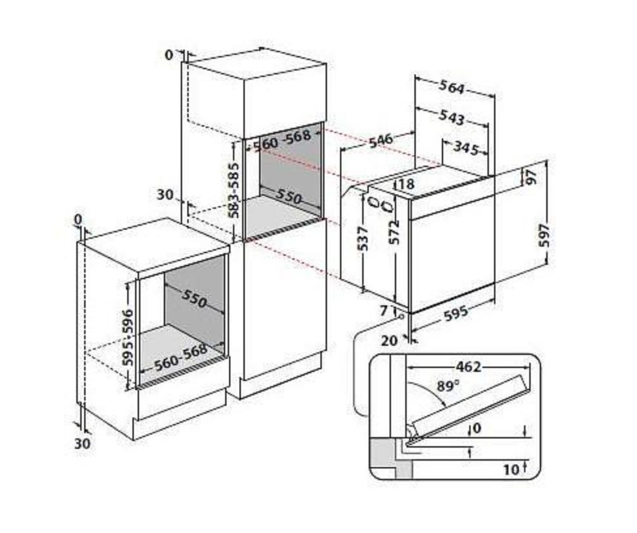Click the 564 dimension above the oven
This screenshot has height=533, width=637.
click(452, 87)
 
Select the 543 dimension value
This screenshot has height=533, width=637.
click(452, 117)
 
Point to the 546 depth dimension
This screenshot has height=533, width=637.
click(381, 140)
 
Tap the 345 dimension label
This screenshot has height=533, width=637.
click(466, 148)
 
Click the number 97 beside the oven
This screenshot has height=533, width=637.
click(531, 177)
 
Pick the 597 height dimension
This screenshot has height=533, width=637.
click(544, 235)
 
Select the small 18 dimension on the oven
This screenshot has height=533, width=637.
click(405, 185)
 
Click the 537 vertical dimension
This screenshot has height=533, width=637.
click(363, 238)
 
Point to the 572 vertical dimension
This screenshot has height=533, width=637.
click(394, 232)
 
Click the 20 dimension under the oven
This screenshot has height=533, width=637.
click(389, 340)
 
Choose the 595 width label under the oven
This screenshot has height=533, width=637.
click(456, 313)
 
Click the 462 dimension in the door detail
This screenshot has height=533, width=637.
click(469, 367)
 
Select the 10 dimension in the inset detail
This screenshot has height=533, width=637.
click(512, 470)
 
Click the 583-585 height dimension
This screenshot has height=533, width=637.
click(234, 190)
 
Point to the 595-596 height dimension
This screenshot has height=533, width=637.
click(128, 337)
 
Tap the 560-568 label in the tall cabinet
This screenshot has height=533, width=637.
click(282, 140)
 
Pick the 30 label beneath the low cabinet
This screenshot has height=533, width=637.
click(82, 443)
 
